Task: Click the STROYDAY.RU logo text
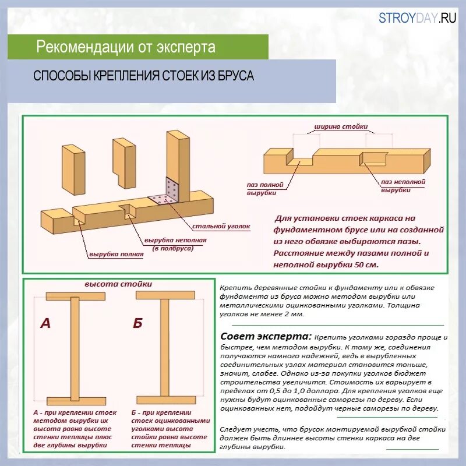point(418,17)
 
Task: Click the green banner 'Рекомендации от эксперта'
point(126,47)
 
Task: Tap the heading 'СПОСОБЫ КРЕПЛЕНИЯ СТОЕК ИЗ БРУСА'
point(144,76)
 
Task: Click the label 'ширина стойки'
point(340,126)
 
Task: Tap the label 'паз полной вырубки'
point(265,188)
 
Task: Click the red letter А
point(45,323)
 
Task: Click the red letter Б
point(137,323)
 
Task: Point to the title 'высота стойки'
point(118,284)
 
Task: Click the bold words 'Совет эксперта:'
point(266,337)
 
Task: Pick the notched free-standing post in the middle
point(124,163)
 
